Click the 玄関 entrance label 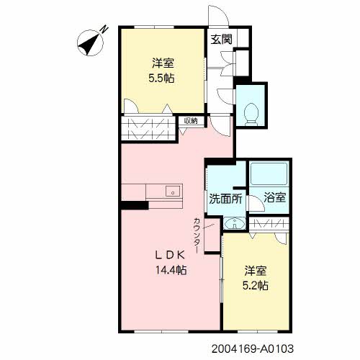click(221, 40)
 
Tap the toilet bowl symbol click(251, 114)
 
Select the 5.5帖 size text click(161, 78)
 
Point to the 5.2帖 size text click(256, 286)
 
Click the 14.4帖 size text click(171, 270)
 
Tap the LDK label click(170, 255)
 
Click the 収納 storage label click(191, 121)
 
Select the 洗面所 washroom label click(225, 199)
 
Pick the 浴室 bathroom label click(275, 197)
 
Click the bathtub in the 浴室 click(269, 174)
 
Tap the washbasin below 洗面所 click(234, 223)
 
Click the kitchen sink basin click(172, 192)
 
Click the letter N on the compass click(104, 30)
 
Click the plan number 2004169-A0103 click(253, 348)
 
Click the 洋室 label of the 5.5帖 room click(163, 63)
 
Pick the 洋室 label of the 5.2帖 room click(256, 271)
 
